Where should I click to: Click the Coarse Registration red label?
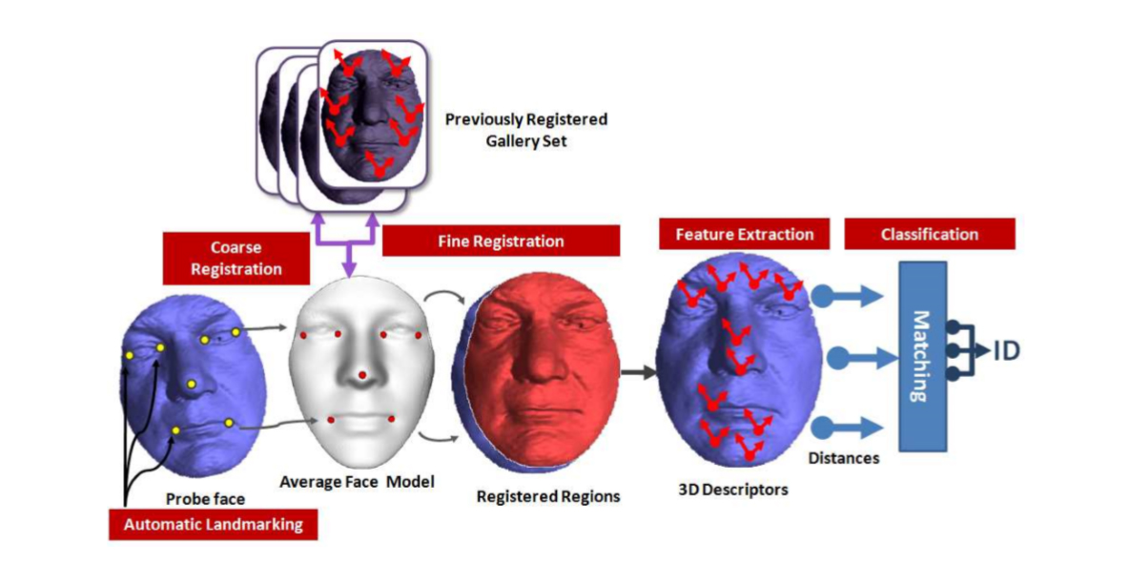236,257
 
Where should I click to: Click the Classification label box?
929,234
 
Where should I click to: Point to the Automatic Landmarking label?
213,524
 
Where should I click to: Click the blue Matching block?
921,356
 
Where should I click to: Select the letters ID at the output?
1006,351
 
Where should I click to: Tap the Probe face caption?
205,498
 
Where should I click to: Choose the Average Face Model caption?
357,482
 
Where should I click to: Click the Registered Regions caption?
548,496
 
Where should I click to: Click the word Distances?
844,458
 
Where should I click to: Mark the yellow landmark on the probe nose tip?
192,384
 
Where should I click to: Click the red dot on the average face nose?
361,375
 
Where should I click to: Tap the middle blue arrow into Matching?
857,359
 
